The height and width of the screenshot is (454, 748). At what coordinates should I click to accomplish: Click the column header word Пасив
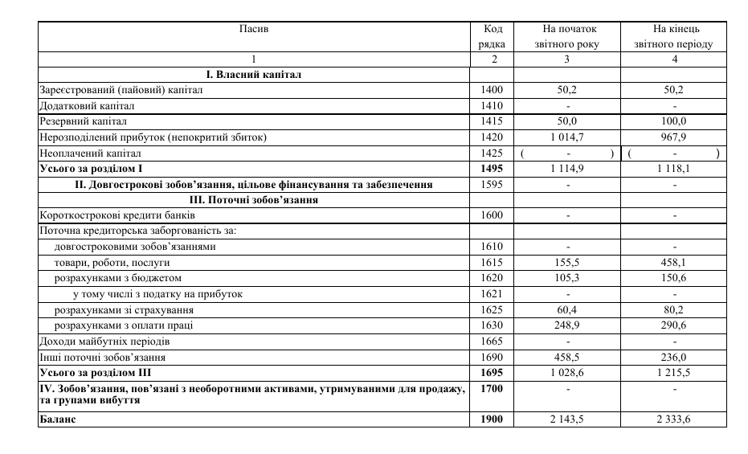click(254, 29)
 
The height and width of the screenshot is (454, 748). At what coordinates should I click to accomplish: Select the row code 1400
click(492, 90)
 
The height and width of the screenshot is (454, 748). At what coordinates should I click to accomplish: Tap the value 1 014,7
click(566, 137)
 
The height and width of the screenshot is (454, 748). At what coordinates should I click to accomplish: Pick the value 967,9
click(674, 137)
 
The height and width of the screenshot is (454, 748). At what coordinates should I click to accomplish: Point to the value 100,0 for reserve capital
click(674, 121)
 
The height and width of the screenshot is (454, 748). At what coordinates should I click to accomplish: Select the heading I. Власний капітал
click(253, 75)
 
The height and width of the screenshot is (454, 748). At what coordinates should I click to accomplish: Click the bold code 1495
click(492, 169)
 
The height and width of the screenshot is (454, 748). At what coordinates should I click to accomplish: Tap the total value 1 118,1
click(674, 169)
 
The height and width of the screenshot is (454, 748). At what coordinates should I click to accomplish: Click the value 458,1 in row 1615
click(674, 263)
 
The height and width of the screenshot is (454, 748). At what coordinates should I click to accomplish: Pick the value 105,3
click(566, 278)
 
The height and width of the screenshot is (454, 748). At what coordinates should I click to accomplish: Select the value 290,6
click(674, 325)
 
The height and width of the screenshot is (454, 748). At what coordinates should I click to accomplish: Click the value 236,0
click(674, 357)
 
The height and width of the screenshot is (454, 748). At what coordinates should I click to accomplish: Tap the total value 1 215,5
click(674, 373)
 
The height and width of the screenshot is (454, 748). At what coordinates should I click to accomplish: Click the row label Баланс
click(58, 419)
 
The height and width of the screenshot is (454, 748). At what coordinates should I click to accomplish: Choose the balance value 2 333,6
click(674, 419)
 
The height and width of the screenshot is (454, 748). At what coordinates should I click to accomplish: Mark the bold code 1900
click(492, 419)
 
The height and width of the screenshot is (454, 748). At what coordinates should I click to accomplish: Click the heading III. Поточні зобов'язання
click(253, 200)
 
